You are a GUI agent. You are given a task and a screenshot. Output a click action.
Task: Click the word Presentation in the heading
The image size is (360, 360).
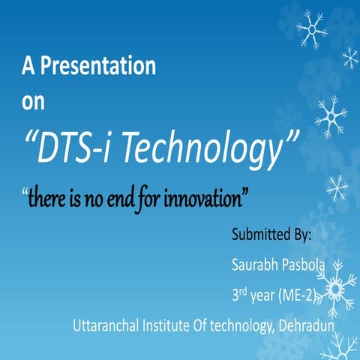[x=97, y=67]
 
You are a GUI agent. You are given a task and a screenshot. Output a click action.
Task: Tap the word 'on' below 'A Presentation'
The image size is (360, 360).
[x=33, y=103]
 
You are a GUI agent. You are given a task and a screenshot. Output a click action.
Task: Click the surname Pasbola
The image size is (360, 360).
[x=304, y=263]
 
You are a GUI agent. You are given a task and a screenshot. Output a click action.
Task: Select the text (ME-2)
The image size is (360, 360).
[x=301, y=294]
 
